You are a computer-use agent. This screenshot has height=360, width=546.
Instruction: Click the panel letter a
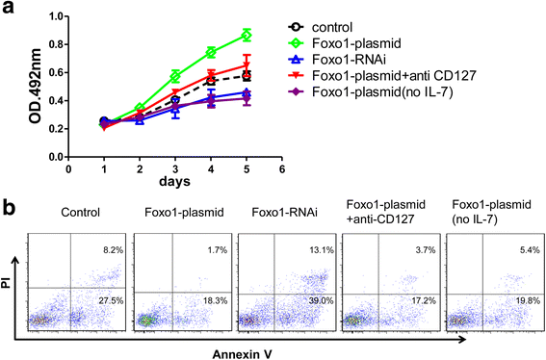[x=10, y=12]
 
